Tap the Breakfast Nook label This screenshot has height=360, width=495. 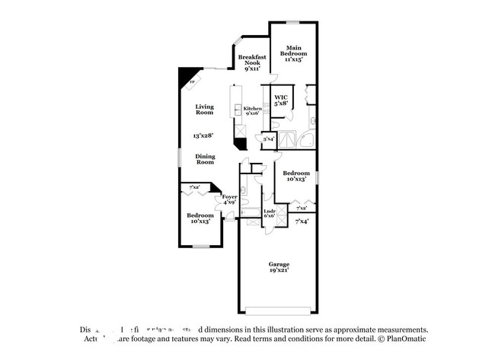pyautogui.click(x=252, y=62)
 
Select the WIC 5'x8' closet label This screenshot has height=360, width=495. pyautogui.click(x=281, y=100)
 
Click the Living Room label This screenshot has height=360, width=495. pyautogui.click(x=204, y=110)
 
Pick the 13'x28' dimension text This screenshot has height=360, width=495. pyautogui.click(x=204, y=135)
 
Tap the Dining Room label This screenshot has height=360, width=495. pyautogui.click(x=205, y=158)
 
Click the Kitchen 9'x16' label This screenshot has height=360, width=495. pyautogui.click(x=253, y=111)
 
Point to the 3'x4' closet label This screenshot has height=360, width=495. pyautogui.click(x=268, y=139)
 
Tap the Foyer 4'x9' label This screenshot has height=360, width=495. pyautogui.click(x=229, y=199)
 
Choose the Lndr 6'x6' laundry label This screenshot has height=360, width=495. pyautogui.click(x=269, y=214)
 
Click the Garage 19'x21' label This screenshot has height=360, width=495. pyautogui.click(x=278, y=267)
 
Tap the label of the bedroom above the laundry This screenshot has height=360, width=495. pyautogui.click(x=295, y=176)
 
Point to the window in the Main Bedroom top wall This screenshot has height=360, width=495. pyautogui.click(x=293, y=22)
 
